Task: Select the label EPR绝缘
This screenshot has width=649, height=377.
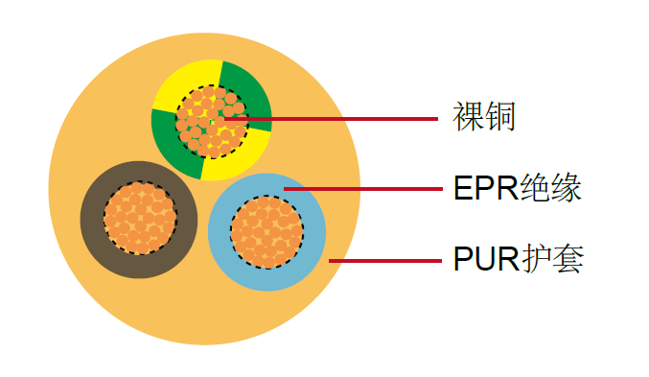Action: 517,188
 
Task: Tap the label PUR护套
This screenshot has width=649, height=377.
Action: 518,259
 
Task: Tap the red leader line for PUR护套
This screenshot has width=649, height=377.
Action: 383,260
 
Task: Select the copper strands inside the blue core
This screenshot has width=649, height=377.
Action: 267,231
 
